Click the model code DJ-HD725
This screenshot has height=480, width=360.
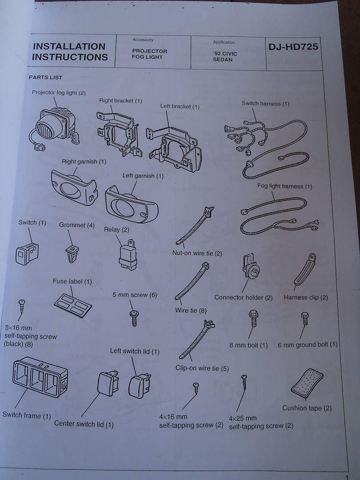click(x=293, y=47)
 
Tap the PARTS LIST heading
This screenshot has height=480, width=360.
click(x=45, y=77)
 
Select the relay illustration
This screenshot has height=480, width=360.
click(x=128, y=255)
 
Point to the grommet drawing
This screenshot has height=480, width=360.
click(x=72, y=253)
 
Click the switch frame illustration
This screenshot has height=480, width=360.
click(x=40, y=377)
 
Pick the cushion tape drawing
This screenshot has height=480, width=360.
click(x=307, y=383)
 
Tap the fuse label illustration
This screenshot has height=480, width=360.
click(x=73, y=305)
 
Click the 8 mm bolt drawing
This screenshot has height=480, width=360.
click(x=253, y=318)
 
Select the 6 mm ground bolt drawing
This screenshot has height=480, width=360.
click(x=305, y=318)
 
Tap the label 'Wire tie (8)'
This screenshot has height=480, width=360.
click(x=191, y=310)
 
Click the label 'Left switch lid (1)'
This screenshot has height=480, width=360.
click(x=135, y=351)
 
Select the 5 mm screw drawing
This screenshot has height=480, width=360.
click(x=134, y=318)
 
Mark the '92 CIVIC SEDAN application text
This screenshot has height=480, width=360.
click(x=225, y=56)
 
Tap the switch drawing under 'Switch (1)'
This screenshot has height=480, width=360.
click(x=27, y=253)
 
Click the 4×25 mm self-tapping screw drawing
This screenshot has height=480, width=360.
click(x=244, y=382)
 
